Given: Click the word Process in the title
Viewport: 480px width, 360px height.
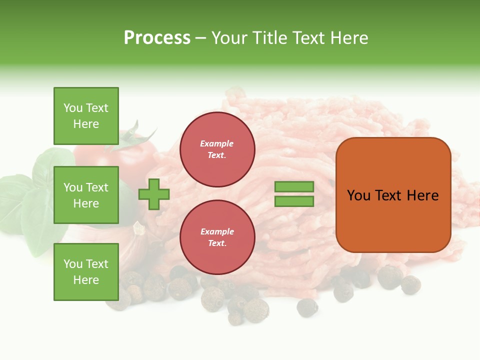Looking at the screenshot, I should (x=157, y=38).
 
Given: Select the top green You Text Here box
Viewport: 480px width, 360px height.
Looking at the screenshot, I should (x=86, y=116).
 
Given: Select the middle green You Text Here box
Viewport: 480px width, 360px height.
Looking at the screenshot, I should (x=86, y=195).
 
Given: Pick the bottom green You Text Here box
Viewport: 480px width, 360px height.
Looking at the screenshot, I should (x=86, y=271).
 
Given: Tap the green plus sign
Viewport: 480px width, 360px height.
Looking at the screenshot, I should (x=154, y=194).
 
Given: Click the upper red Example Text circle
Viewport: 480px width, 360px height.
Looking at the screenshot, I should (x=217, y=149).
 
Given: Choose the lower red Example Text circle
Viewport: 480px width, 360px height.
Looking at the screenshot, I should (x=217, y=237).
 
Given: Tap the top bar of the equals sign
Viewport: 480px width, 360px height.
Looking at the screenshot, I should (x=294, y=186).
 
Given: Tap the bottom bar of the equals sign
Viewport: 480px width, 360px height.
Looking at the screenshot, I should (x=294, y=201).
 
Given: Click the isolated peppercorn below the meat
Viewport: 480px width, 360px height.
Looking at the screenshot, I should (x=306, y=307).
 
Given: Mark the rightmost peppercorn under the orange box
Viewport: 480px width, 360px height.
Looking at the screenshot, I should (x=411, y=285).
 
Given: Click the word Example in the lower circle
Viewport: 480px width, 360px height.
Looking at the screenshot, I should (x=217, y=231).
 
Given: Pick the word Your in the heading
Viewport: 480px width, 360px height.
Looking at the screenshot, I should (x=229, y=38).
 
